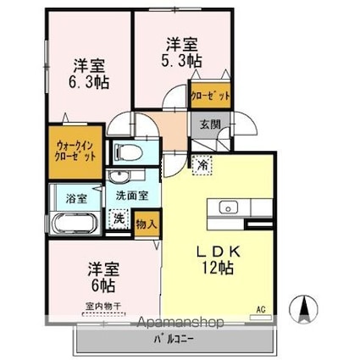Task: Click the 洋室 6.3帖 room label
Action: click(87, 74)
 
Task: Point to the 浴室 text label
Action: click(76, 198)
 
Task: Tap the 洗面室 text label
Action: click(132, 195)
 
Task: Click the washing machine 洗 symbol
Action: click(119, 219)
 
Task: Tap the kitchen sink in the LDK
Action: click(230, 208)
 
